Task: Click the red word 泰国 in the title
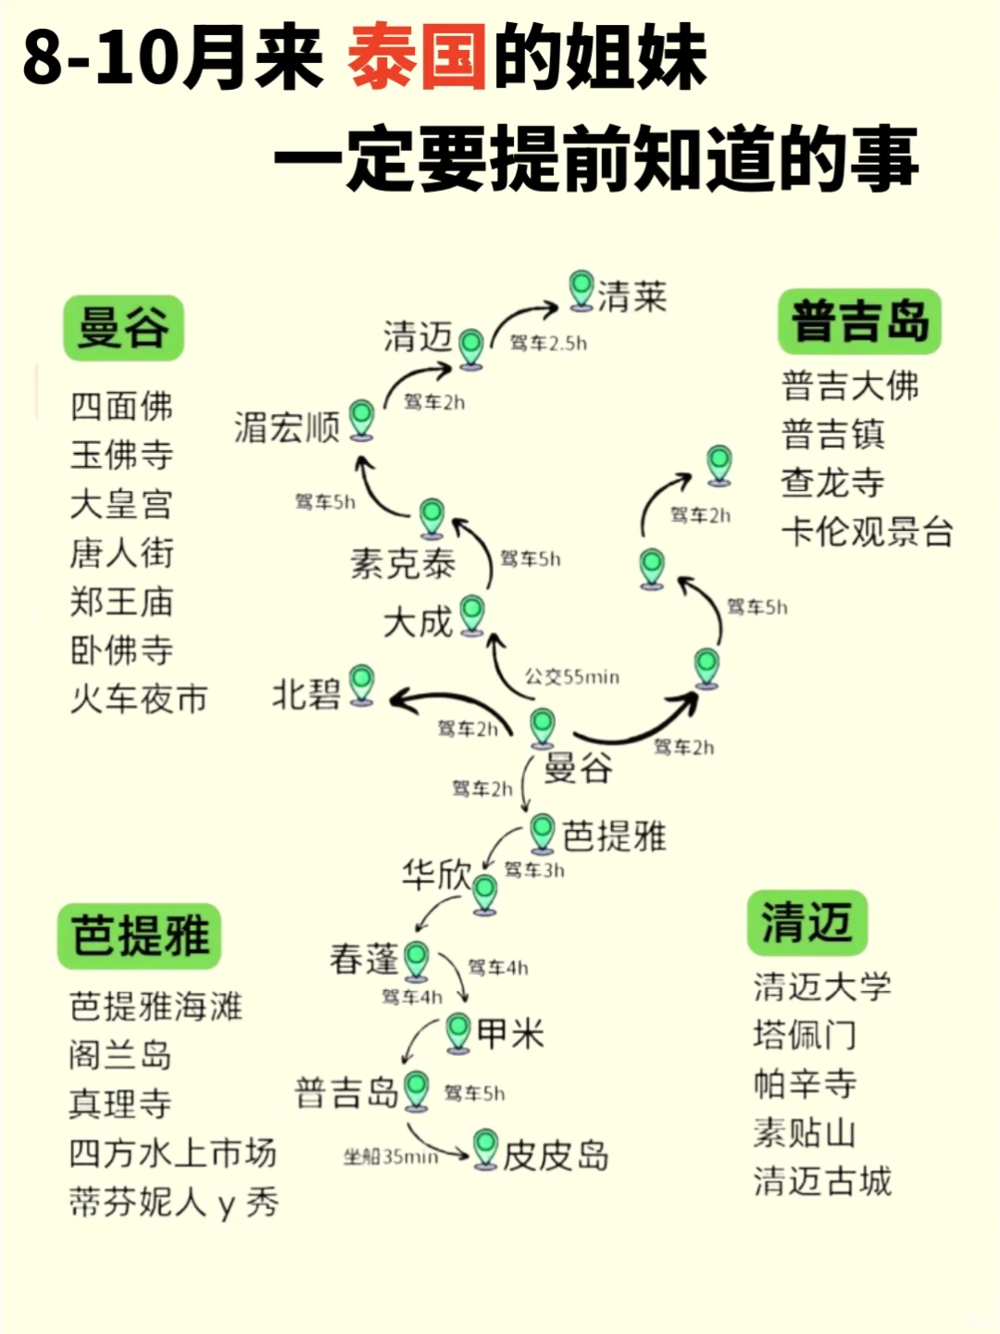click(x=418, y=57)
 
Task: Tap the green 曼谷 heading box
click(x=123, y=328)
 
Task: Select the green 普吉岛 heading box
click(x=859, y=321)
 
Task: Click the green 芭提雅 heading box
click(x=140, y=936)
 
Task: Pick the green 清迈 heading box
click(x=806, y=923)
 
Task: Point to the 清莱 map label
click(x=632, y=296)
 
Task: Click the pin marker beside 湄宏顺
click(x=361, y=420)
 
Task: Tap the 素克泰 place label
click(x=403, y=563)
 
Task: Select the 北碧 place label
click(x=306, y=694)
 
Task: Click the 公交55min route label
click(x=571, y=677)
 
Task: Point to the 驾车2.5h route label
click(x=548, y=344)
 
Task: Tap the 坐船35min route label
click(x=390, y=1157)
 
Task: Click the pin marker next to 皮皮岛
click(x=485, y=1148)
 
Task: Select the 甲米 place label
click(x=510, y=1033)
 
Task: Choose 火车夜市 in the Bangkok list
click(x=139, y=698)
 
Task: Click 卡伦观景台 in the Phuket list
click(x=867, y=532)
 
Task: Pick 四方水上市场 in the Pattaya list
click(x=173, y=1153)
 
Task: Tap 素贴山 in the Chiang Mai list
click(x=804, y=1133)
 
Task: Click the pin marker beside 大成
click(x=472, y=614)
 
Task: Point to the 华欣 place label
click(x=436, y=874)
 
